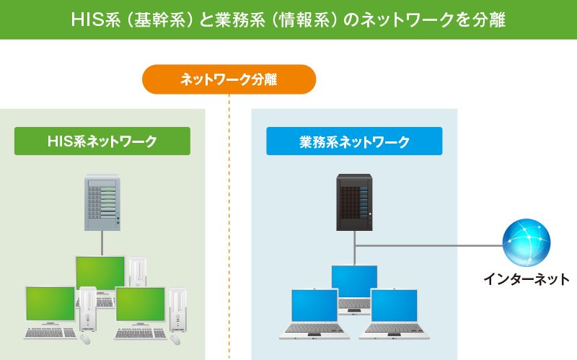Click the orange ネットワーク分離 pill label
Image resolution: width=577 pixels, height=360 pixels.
[229, 79]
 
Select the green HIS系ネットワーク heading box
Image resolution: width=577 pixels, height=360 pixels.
[102, 141]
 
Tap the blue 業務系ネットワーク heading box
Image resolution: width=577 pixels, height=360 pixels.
[354, 141]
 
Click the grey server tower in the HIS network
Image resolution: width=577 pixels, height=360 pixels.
[102, 203]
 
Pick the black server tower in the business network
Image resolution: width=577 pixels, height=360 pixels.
[354, 203]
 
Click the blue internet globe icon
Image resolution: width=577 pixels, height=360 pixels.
[527, 242]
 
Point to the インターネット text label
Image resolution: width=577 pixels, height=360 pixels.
[527, 279]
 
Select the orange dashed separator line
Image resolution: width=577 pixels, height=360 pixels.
[229, 227]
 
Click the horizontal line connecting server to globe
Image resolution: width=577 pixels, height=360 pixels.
[428, 245]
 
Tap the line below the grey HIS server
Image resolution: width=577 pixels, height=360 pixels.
[102, 243]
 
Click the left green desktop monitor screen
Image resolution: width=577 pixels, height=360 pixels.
[50, 304]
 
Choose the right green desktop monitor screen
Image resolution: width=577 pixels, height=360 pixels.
[140, 304]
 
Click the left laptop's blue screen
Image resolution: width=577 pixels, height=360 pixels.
[314, 306]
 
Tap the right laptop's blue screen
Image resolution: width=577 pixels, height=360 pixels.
[394, 306]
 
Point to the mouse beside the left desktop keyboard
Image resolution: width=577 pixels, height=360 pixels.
[85, 339]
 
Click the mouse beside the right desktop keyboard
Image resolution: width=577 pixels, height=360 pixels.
[175, 339]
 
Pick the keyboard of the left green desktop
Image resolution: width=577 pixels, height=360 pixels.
[50, 333]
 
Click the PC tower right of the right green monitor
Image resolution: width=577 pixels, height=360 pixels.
[177, 310]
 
